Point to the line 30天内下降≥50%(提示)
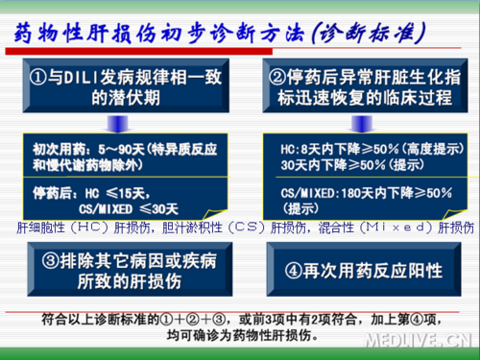(x=341, y=164)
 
